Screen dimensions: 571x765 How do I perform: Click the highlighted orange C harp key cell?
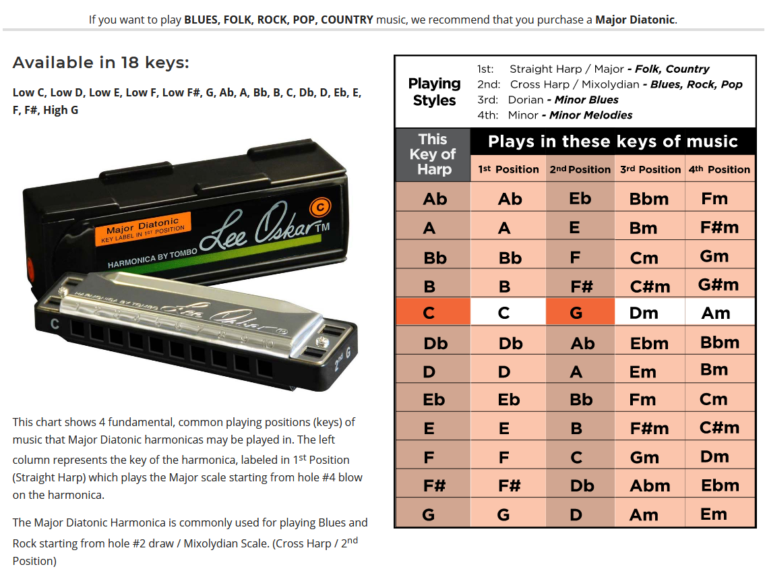(x=429, y=313)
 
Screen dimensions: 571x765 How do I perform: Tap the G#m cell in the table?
(x=718, y=284)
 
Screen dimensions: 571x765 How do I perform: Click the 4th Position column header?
(x=719, y=169)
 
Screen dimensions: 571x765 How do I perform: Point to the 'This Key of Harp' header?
(x=433, y=154)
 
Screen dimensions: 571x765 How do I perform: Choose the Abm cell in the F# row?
(x=649, y=486)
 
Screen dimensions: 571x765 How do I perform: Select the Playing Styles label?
(x=434, y=92)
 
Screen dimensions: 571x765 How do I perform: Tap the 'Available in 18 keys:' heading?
(x=101, y=63)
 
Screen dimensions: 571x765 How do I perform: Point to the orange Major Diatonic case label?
(x=144, y=228)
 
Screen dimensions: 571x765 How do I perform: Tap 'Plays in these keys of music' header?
(x=613, y=142)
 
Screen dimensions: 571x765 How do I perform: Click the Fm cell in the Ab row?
(x=714, y=199)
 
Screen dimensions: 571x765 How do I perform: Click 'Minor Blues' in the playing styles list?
(x=586, y=100)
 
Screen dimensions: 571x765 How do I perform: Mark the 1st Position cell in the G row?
(x=503, y=515)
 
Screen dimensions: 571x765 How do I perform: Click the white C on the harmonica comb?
(x=55, y=324)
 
